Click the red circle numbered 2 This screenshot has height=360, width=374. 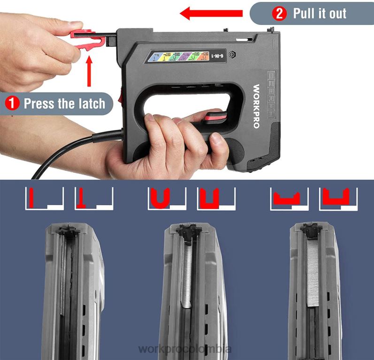point(280,14)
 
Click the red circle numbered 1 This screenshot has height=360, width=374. point(12,103)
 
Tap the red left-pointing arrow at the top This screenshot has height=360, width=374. point(211,14)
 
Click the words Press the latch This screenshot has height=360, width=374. point(64,103)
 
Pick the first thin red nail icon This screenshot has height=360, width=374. point(32,197)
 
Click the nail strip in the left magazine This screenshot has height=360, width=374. point(63,277)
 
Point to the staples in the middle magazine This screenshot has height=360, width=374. point(187,277)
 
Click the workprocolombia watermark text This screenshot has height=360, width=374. point(186,349)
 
